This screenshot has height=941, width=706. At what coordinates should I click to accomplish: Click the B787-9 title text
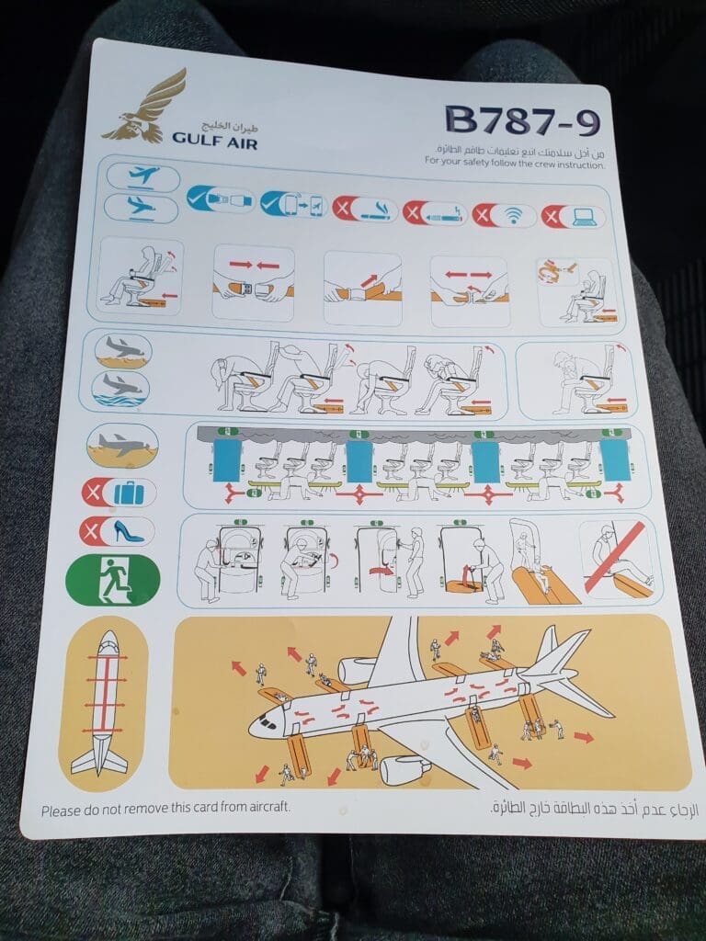pyautogui.click(x=522, y=120)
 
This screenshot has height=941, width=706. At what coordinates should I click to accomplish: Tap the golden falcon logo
pyautogui.click(x=144, y=107)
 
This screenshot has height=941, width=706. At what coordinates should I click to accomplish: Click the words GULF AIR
pyautogui.click(x=214, y=141)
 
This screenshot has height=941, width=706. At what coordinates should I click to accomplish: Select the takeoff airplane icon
pyautogui.click(x=143, y=176)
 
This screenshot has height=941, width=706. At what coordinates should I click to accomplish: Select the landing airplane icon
pyautogui.click(x=142, y=208)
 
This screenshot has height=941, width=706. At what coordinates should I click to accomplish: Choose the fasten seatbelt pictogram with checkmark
pyautogui.click(x=221, y=198)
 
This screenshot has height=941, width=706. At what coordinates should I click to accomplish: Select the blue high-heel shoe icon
pyautogui.click(x=118, y=530)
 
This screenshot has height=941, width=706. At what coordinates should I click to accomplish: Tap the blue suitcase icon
pyautogui.click(x=120, y=493)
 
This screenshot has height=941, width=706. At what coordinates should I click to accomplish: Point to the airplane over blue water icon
pyautogui.click(x=120, y=388)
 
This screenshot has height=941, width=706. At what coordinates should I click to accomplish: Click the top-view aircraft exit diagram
pyautogui.click(x=103, y=702)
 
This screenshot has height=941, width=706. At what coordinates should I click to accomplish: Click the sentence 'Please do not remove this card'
pyautogui.click(x=165, y=809)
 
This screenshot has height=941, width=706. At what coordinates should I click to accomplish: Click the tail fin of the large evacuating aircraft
pyautogui.click(x=562, y=647)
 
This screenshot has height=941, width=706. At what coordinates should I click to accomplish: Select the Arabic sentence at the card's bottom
pyautogui.click(x=594, y=809)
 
